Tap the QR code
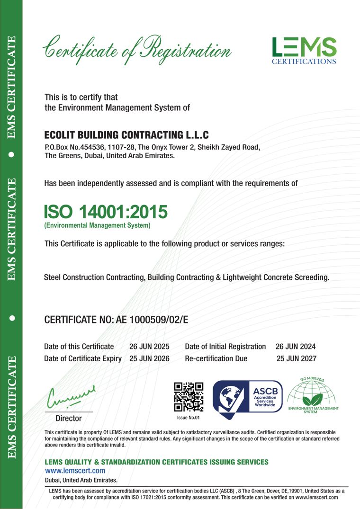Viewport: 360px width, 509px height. pyautogui.click(x=189, y=396)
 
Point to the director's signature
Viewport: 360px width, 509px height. pyautogui.click(x=71, y=396)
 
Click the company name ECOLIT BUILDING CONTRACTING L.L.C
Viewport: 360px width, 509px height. pyautogui.click(x=126, y=135)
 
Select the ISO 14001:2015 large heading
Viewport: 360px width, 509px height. pyautogui.click(x=106, y=212)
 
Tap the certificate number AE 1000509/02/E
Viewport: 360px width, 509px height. pyautogui.click(x=152, y=320)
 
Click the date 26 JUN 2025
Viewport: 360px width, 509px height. pyautogui.click(x=149, y=347)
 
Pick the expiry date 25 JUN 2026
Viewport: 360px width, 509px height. pyautogui.click(x=149, y=358)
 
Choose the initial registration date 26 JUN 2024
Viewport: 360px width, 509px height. pyautogui.click(x=296, y=347)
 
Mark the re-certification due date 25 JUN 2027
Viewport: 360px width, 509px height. pyautogui.click(x=296, y=358)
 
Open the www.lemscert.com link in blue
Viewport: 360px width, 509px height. pyautogui.click(x=74, y=471)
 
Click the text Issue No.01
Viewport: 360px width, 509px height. pyautogui.click(x=189, y=418)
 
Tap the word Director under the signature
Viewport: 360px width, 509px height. pyautogui.click(x=69, y=419)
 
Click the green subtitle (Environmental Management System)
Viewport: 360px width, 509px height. pyautogui.click(x=97, y=226)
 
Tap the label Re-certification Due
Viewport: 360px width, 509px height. pyautogui.click(x=216, y=358)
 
